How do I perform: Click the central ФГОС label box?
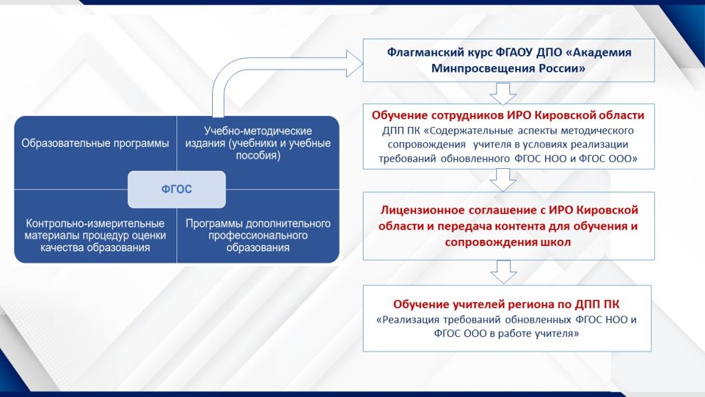[x=177, y=189]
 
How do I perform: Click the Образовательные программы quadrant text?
[x=95, y=143]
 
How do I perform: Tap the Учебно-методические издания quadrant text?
[x=258, y=143]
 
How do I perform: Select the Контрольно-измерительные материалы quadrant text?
[x=95, y=236]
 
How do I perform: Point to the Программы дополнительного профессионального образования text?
[x=258, y=236]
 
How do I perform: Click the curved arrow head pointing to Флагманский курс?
[x=355, y=63]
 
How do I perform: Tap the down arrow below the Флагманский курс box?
[x=503, y=94]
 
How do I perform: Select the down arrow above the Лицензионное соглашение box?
[x=503, y=180]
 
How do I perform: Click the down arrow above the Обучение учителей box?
[x=503, y=272]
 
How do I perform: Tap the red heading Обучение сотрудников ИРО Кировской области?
[x=508, y=115]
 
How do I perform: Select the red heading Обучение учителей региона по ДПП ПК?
[x=506, y=304]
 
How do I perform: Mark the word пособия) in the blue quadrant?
[x=258, y=156]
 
